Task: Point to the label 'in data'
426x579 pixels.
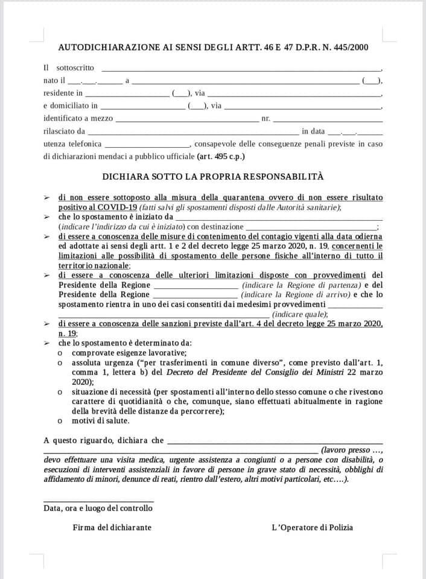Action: point(313,131)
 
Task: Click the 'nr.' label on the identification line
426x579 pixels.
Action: point(265,119)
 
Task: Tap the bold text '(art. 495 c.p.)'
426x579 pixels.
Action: point(221,156)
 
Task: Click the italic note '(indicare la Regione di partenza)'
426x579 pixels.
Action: point(301,285)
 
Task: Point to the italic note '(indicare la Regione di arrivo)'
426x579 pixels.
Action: point(296,294)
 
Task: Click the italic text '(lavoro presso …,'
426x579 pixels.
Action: point(352,450)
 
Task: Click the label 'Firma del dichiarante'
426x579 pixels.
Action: point(112,528)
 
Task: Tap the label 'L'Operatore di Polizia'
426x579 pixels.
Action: point(312,528)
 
